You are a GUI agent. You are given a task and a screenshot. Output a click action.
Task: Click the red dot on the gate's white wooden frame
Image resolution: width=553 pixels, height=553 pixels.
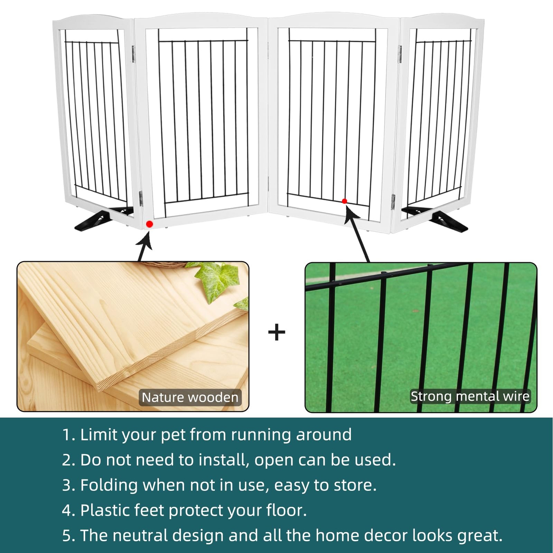click(149, 224)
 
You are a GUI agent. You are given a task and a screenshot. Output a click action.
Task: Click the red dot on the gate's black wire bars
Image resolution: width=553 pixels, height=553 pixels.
click(344, 201)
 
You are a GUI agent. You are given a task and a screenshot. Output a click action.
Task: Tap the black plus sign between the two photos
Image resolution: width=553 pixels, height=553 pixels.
click(276, 332)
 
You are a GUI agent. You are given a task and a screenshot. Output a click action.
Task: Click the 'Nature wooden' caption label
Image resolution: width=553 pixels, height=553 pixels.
click(190, 397)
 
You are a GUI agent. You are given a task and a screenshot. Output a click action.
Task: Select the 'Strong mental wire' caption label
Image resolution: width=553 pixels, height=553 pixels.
click(470, 396)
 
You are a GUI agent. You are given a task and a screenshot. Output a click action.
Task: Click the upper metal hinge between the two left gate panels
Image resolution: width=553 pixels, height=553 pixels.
click(133, 54)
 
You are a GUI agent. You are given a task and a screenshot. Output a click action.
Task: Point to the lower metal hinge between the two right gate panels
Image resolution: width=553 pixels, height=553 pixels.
click(393, 202)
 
